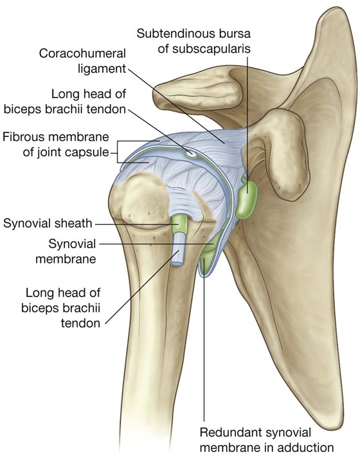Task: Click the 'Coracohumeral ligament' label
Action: coord(82,61)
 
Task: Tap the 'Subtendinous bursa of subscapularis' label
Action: coord(194,41)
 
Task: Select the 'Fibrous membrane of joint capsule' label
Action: coord(56,145)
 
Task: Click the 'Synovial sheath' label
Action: coord(48,224)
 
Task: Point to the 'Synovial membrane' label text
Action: coord(66,251)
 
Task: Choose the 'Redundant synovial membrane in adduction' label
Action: coord(266,440)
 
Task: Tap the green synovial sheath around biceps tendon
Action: coord(179,224)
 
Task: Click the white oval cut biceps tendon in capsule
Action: coord(192,154)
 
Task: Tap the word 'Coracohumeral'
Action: coord(82,53)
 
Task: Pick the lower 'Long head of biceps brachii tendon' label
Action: coord(61,308)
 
